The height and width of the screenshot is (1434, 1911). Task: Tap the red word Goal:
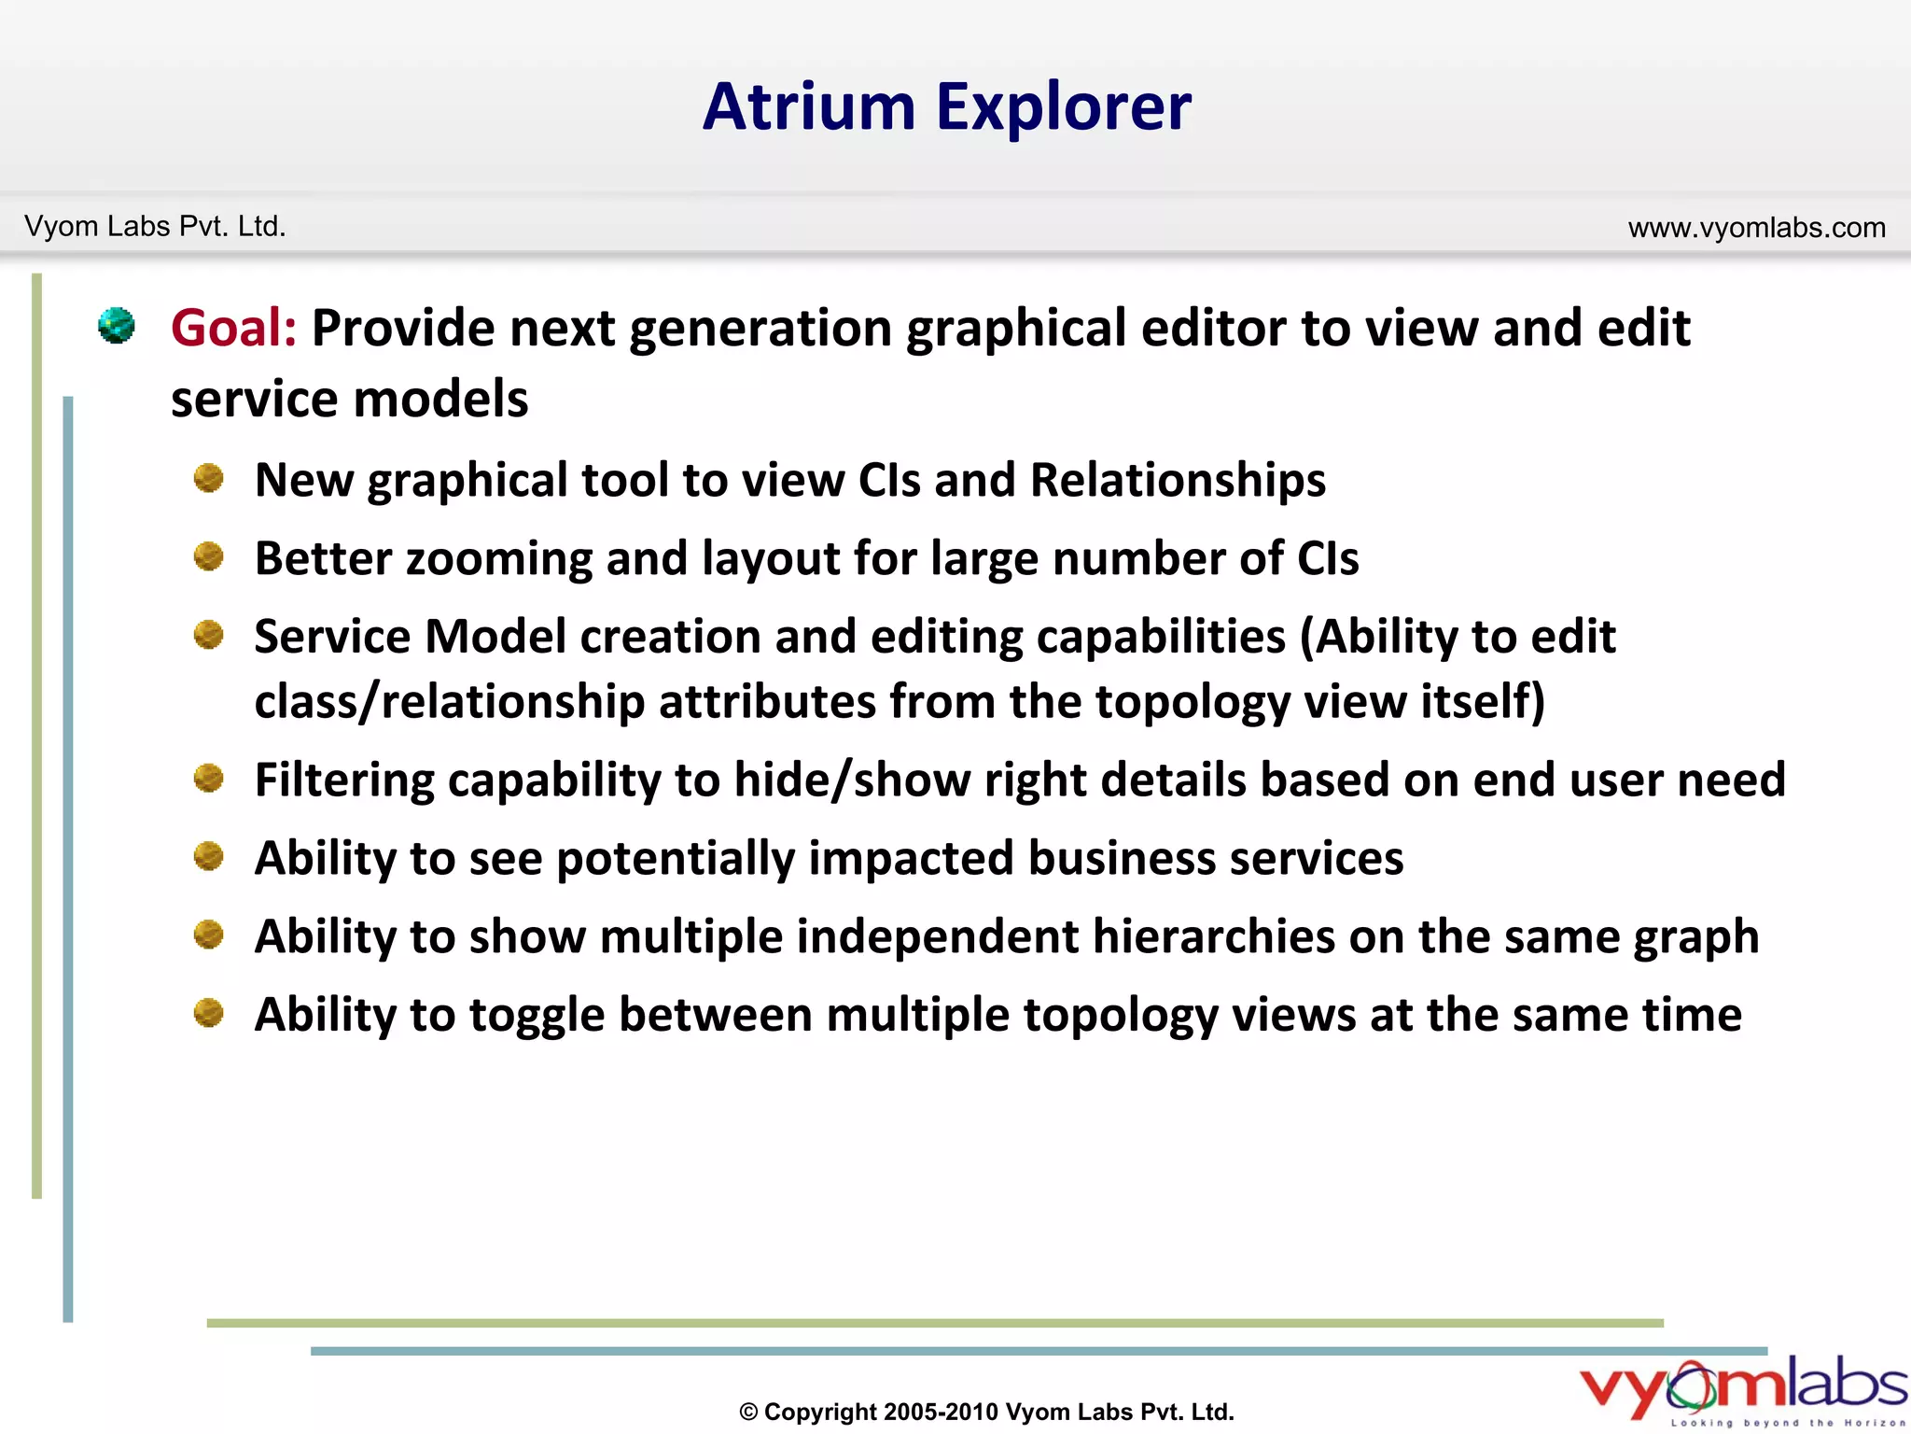point(233,329)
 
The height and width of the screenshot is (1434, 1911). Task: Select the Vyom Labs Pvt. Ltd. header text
point(155,226)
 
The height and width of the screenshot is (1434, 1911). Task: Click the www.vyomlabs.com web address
point(1756,227)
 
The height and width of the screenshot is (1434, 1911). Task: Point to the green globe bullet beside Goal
point(117,326)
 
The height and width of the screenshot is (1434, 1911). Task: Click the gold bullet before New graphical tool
point(208,479)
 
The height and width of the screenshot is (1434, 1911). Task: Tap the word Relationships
point(1177,481)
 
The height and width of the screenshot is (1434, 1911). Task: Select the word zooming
point(498,560)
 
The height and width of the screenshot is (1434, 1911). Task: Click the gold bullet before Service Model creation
point(208,636)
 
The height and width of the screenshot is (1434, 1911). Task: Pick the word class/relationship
point(449,702)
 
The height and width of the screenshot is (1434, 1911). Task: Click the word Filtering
point(344,780)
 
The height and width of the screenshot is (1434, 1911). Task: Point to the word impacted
point(910,859)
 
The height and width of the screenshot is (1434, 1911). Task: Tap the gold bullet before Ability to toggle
point(208,1013)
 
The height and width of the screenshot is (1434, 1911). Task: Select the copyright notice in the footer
point(986,1412)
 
